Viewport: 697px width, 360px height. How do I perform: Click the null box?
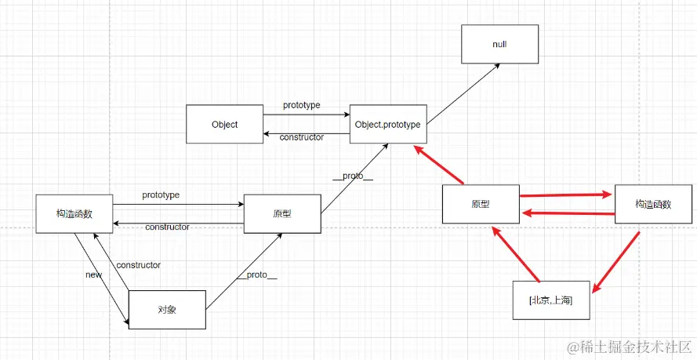(x=499, y=44)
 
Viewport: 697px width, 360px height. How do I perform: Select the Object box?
(x=224, y=125)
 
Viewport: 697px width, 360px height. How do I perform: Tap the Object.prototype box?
(x=387, y=125)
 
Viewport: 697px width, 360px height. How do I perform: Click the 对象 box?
(x=166, y=309)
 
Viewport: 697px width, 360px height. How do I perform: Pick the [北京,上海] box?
(x=550, y=300)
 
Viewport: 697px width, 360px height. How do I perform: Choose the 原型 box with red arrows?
(x=480, y=205)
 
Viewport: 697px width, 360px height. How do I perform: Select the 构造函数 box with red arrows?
(x=653, y=204)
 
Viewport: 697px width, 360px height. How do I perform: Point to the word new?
(x=94, y=275)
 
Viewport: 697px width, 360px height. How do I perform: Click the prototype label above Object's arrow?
(x=301, y=105)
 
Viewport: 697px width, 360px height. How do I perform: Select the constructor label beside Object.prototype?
(x=301, y=137)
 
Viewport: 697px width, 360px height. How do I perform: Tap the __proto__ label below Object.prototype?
(x=352, y=176)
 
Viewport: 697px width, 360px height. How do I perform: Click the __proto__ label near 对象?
(x=256, y=275)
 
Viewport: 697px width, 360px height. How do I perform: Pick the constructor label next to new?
(x=138, y=265)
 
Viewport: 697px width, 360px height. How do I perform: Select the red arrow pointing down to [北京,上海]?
(x=616, y=262)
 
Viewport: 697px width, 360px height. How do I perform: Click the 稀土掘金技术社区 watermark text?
(x=635, y=346)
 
